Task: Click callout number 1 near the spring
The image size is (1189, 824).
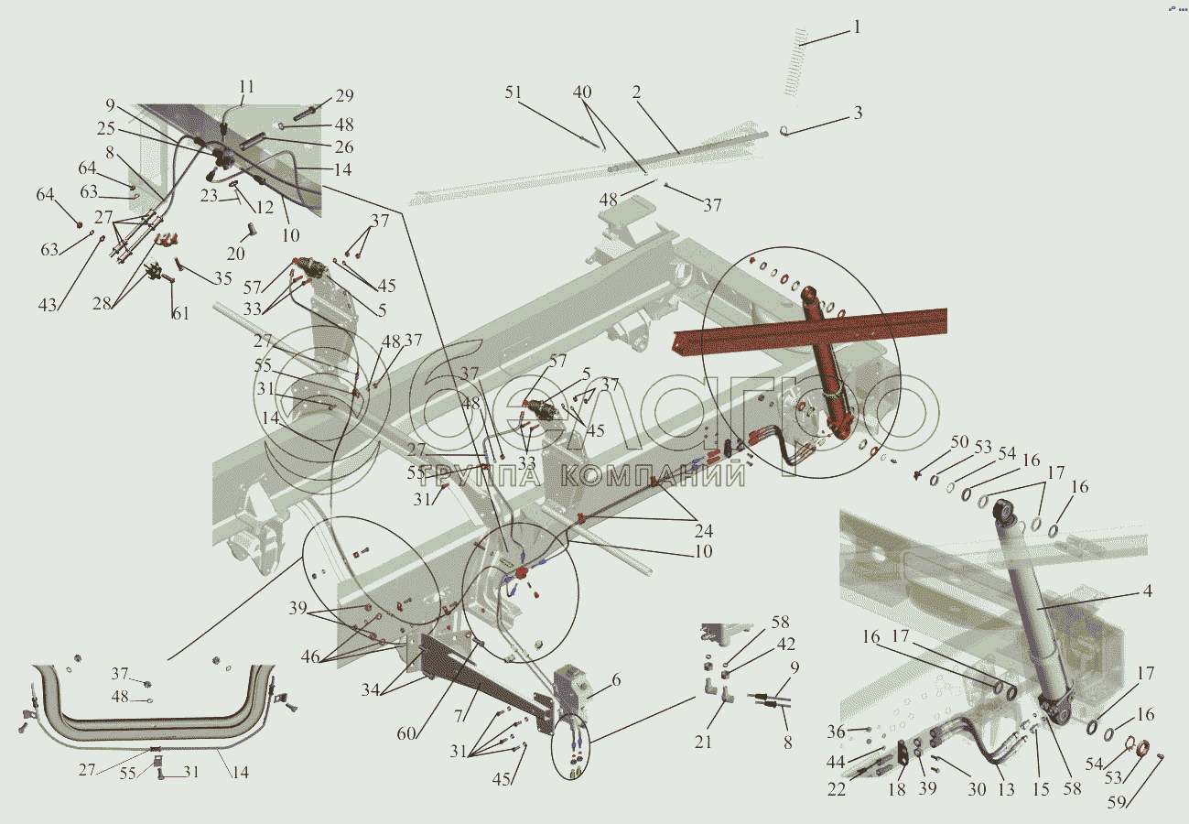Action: click(857, 27)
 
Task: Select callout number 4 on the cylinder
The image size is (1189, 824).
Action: click(1146, 591)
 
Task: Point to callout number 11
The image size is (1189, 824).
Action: click(245, 88)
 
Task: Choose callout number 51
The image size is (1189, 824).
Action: click(513, 92)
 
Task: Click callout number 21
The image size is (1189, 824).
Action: click(702, 743)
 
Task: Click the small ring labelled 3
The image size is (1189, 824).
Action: click(784, 131)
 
